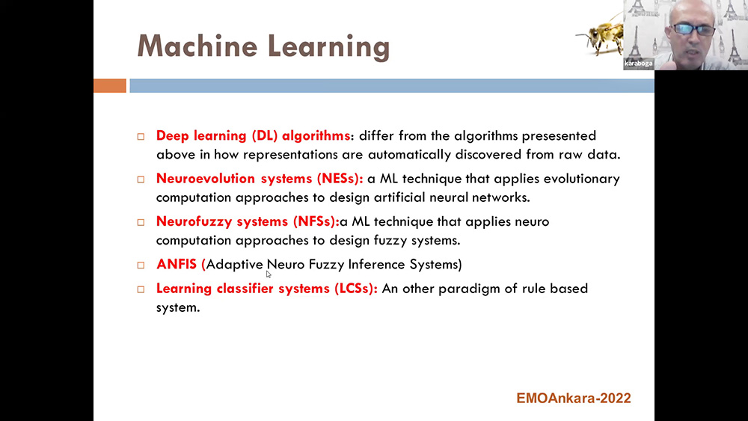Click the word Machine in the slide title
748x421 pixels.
coord(197,46)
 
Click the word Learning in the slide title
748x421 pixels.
coord(328,48)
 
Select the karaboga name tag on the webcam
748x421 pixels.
coord(638,64)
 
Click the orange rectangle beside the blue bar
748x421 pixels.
coord(110,86)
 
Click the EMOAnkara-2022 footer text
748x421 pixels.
coord(574,398)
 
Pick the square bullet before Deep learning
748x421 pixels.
coord(141,137)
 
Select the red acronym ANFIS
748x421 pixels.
coord(176,264)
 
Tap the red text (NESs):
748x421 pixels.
coord(340,179)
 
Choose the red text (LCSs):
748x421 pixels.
coord(356,289)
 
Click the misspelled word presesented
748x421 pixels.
coord(559,136)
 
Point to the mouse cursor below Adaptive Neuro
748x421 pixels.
coord(269,274)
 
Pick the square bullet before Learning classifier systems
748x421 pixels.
coord(141,289)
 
